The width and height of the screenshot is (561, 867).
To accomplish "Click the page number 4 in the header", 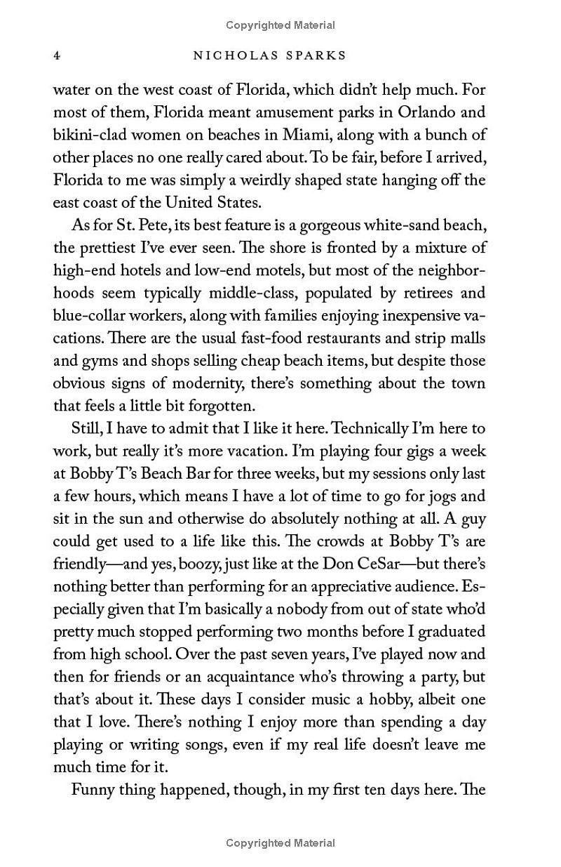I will [x=57, y=55].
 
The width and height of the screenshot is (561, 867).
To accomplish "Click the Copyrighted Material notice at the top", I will [x=280, y=25].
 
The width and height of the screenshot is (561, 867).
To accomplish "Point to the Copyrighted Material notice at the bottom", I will [x=280, y=842].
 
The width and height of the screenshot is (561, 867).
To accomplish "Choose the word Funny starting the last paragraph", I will [x=93, y=790].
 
